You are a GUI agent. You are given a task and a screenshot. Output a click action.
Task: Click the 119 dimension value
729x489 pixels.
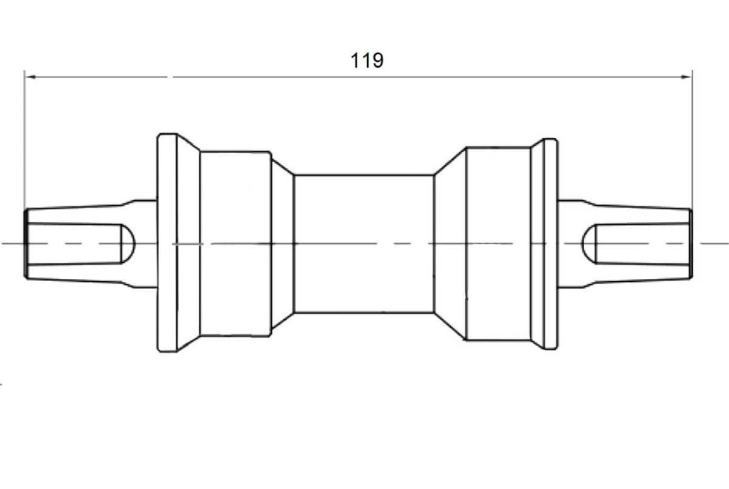367,61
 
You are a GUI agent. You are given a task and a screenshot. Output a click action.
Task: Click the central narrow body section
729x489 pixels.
364,244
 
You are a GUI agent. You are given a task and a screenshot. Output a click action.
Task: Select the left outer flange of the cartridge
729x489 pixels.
168,243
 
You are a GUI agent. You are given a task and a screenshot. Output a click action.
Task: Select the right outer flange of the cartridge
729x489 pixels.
551,244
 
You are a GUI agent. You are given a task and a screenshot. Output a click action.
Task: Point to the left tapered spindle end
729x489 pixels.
91,244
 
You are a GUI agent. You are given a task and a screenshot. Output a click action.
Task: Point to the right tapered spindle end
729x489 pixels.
625,244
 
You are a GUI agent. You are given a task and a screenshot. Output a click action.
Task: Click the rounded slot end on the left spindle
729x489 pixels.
128,244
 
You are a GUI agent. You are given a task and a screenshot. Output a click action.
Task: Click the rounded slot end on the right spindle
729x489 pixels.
589,244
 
